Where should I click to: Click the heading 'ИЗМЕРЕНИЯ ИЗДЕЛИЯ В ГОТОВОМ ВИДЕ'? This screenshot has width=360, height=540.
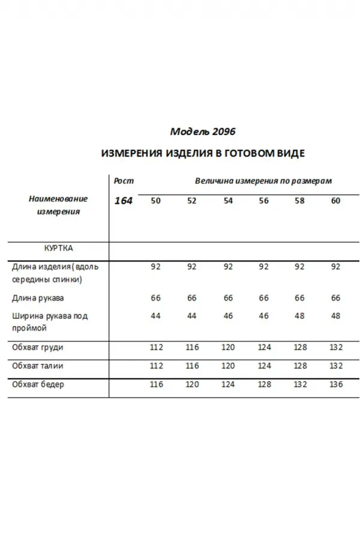point(203,153)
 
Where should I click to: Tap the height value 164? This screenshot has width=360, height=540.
point(124,201)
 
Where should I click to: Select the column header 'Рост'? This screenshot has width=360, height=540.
point(124,181)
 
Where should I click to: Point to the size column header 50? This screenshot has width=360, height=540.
point(155,201)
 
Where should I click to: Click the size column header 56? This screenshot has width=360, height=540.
point(264,201)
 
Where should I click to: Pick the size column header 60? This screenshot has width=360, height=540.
point(335,201)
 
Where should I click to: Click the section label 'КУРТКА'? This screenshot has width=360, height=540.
point(59,247)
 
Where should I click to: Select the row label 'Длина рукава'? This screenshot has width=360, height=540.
point(38,298)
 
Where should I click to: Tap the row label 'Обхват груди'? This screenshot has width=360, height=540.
point(38,347)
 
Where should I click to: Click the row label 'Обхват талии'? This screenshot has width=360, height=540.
point(38,365)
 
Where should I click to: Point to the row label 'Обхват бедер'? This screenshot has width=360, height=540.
point(38,385)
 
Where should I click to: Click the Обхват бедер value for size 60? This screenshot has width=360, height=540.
point(337,385)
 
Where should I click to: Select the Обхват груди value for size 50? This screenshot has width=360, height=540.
point(156,347)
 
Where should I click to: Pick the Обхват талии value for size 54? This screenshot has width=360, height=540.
point(228,365)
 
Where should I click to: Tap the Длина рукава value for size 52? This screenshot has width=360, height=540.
point(191,298)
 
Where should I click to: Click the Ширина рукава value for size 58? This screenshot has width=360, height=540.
point(299,316)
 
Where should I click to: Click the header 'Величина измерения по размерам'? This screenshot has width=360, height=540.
point(263,181)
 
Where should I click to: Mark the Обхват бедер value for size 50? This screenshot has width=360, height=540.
point(156,385)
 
